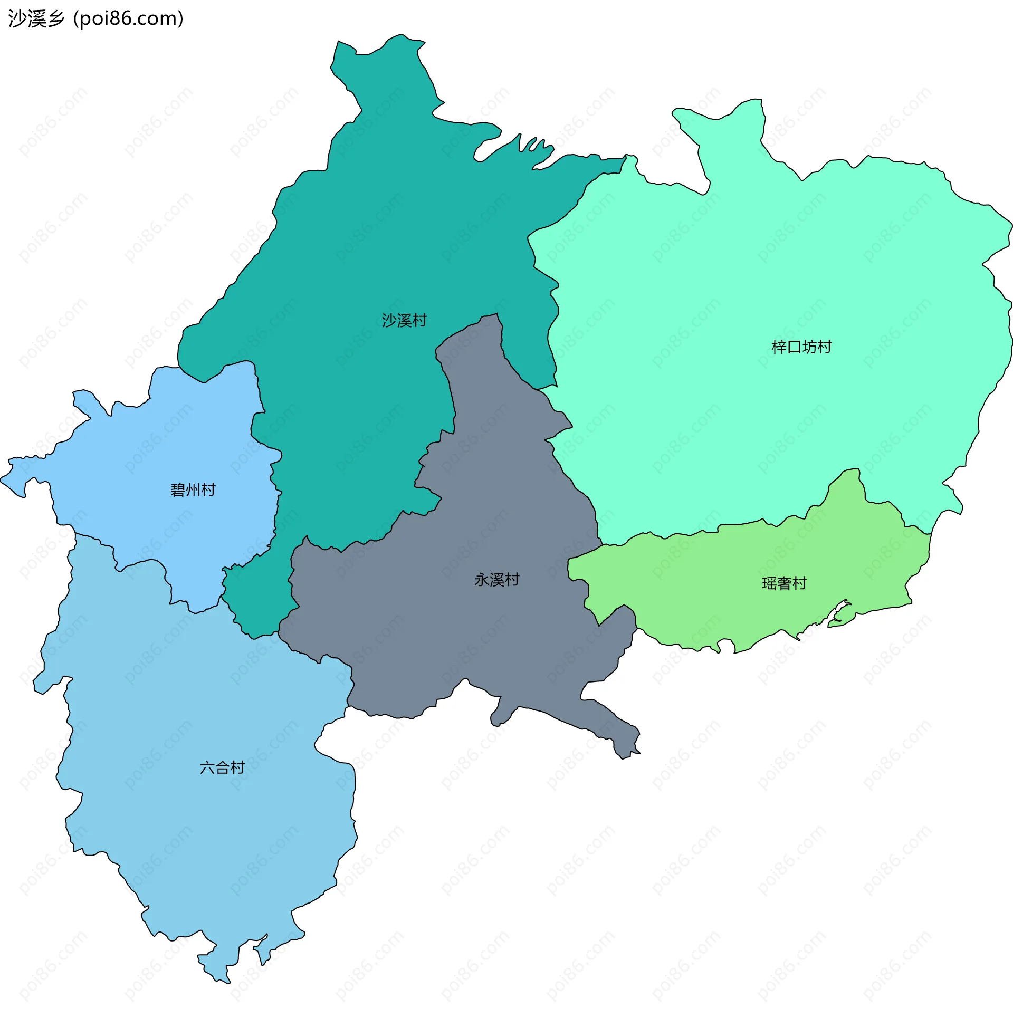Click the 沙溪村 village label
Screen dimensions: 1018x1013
coord(404,320)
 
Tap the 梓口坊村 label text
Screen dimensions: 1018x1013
coord(801,347)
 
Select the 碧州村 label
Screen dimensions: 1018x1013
coord(193,490)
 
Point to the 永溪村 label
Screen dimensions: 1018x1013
coord(496,580)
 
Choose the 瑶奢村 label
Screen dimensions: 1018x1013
coord(784,583)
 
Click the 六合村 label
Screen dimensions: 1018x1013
coord(222,767)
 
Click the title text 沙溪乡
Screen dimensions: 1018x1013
coord(36,18)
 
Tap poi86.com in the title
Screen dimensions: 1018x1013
coord(128,18)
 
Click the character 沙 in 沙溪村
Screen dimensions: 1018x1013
coord(389,320)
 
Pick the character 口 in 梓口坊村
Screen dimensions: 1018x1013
coord(794,347)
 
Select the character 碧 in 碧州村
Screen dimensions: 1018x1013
coord(178,490)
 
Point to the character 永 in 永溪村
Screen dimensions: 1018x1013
coord(482,580)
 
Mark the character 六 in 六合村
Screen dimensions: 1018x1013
coord(207,767)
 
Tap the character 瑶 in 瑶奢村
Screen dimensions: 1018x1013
coord(769,583)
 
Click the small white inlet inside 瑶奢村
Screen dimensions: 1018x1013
coord(837,614)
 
